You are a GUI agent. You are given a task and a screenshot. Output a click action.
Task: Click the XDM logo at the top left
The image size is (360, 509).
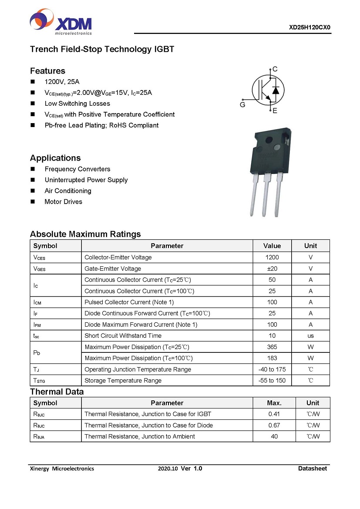(61, 22)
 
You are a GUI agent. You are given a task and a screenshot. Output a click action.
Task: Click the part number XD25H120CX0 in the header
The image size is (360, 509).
(310, 27)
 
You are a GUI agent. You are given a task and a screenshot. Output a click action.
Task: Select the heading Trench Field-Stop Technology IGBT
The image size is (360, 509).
(102, 49)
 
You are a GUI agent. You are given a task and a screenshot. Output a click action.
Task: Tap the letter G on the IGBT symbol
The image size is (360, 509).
(242, 104)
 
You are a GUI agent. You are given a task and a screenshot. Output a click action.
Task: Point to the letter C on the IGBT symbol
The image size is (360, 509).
(275, 69)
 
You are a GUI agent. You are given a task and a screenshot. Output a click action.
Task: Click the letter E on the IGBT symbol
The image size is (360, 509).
(275, 111)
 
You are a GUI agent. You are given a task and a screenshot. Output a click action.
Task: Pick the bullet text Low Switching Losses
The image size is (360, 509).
(77, 104)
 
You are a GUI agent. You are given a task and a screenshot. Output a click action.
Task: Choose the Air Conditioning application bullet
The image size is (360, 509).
(68, 191)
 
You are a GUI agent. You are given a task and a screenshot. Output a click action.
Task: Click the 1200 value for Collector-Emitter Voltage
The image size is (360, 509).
(272, 258)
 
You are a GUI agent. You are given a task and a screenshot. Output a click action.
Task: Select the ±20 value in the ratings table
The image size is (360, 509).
(272, 269)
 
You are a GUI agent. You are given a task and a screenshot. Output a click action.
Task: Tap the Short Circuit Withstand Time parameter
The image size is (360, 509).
(123, 336)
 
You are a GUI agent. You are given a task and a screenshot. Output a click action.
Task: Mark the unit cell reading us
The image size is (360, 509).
(310, 336)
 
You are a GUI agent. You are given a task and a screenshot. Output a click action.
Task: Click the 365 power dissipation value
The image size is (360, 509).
(272, 347)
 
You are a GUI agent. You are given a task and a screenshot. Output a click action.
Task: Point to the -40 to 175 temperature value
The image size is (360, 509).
(272, 369)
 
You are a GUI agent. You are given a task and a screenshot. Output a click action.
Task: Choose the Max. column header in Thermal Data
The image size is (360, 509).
(274, 403)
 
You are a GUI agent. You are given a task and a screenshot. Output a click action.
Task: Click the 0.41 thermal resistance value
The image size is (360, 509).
(274, 414)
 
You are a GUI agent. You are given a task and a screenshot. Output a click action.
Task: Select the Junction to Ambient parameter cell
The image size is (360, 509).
(140, 436)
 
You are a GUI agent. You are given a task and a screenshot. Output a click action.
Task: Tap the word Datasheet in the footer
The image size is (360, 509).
(312, 469)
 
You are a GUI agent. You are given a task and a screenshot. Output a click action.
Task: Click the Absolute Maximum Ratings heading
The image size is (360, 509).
(85, 234)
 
